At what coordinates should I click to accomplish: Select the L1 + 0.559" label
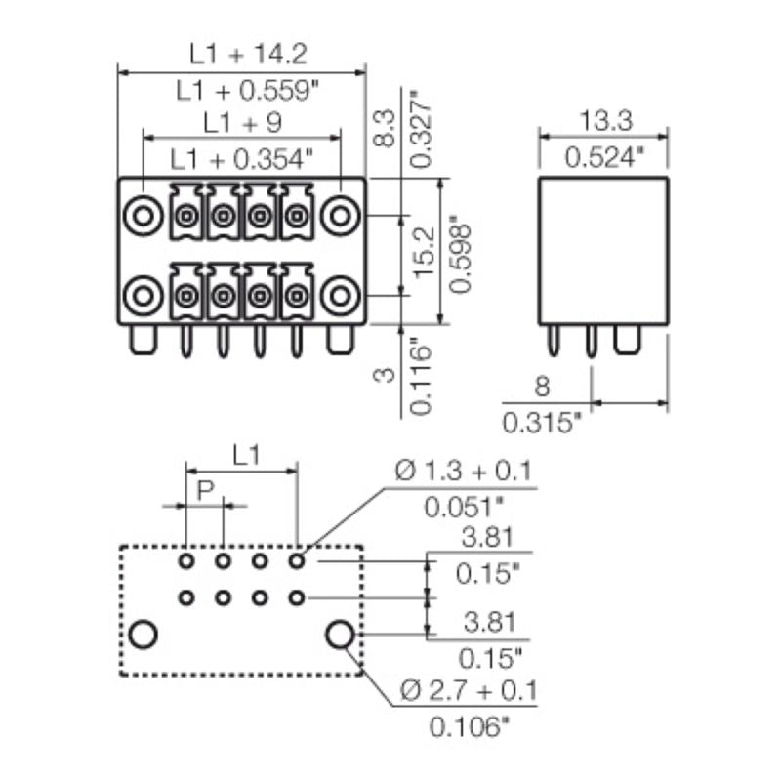(x=240, y=90)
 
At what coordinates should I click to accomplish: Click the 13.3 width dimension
(x=605, y=122)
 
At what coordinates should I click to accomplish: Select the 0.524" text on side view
(x=605, y=157)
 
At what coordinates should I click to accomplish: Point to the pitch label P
(x=204, y=490)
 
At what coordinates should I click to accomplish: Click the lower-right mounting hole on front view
(x=340, y=294)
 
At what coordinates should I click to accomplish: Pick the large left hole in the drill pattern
(x=143, y=635)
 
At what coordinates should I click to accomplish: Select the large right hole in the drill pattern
(x=340, y=635)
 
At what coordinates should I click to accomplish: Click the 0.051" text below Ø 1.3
(x=465, y=508)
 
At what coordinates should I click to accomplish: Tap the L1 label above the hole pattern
(x=245, y=454)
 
